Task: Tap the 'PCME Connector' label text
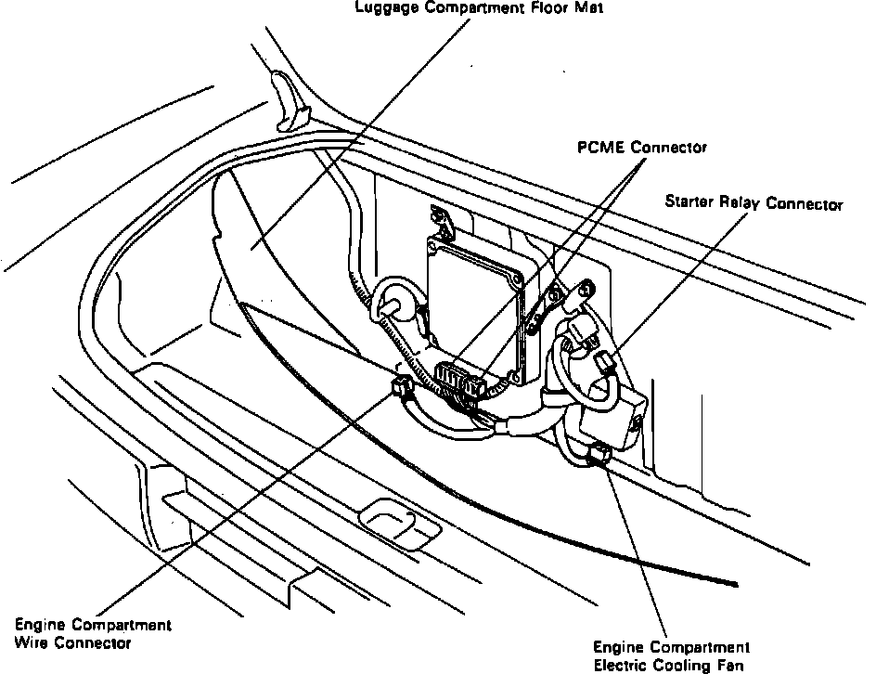(642, 148)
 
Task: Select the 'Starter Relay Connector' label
(754, 203)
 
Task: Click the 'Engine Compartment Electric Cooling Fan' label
(671, 655)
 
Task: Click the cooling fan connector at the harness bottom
(598, 454)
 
